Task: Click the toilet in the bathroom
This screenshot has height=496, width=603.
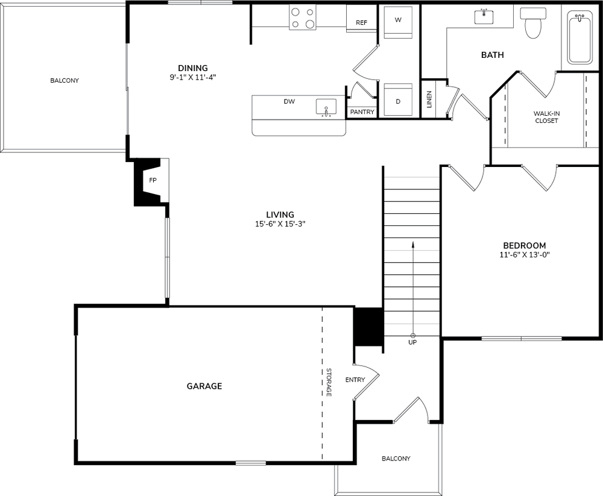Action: [533, 23]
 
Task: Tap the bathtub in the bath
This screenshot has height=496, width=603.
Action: [580, 38]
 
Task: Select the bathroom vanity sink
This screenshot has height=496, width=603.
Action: [484, 16]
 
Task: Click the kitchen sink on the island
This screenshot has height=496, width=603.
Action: [326, 107]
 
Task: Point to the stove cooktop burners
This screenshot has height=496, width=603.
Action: [303, 17]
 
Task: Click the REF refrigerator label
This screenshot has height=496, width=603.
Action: [361, 23]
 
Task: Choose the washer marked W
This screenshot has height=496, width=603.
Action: [398, 22]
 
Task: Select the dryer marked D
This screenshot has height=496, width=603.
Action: [398, 101]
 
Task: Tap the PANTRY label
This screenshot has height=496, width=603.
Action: [362, 112]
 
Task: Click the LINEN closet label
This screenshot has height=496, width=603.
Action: [429, 99]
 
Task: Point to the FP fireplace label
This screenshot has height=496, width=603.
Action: [153, 180]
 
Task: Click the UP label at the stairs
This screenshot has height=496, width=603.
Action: [412, 342]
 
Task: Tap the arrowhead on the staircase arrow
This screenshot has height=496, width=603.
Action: [413, 243]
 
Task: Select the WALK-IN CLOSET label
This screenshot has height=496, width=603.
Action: [546, 117]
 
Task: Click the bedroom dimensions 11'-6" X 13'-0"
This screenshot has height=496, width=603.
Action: [525, 254]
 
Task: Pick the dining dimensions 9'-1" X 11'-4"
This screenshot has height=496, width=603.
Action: [193, 77]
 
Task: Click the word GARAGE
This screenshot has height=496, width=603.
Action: [204, 386]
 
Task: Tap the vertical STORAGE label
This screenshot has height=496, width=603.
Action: [329, 382]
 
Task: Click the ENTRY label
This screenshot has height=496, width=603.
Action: [355, 380]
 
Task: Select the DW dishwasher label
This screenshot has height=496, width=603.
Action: [289, 101]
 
